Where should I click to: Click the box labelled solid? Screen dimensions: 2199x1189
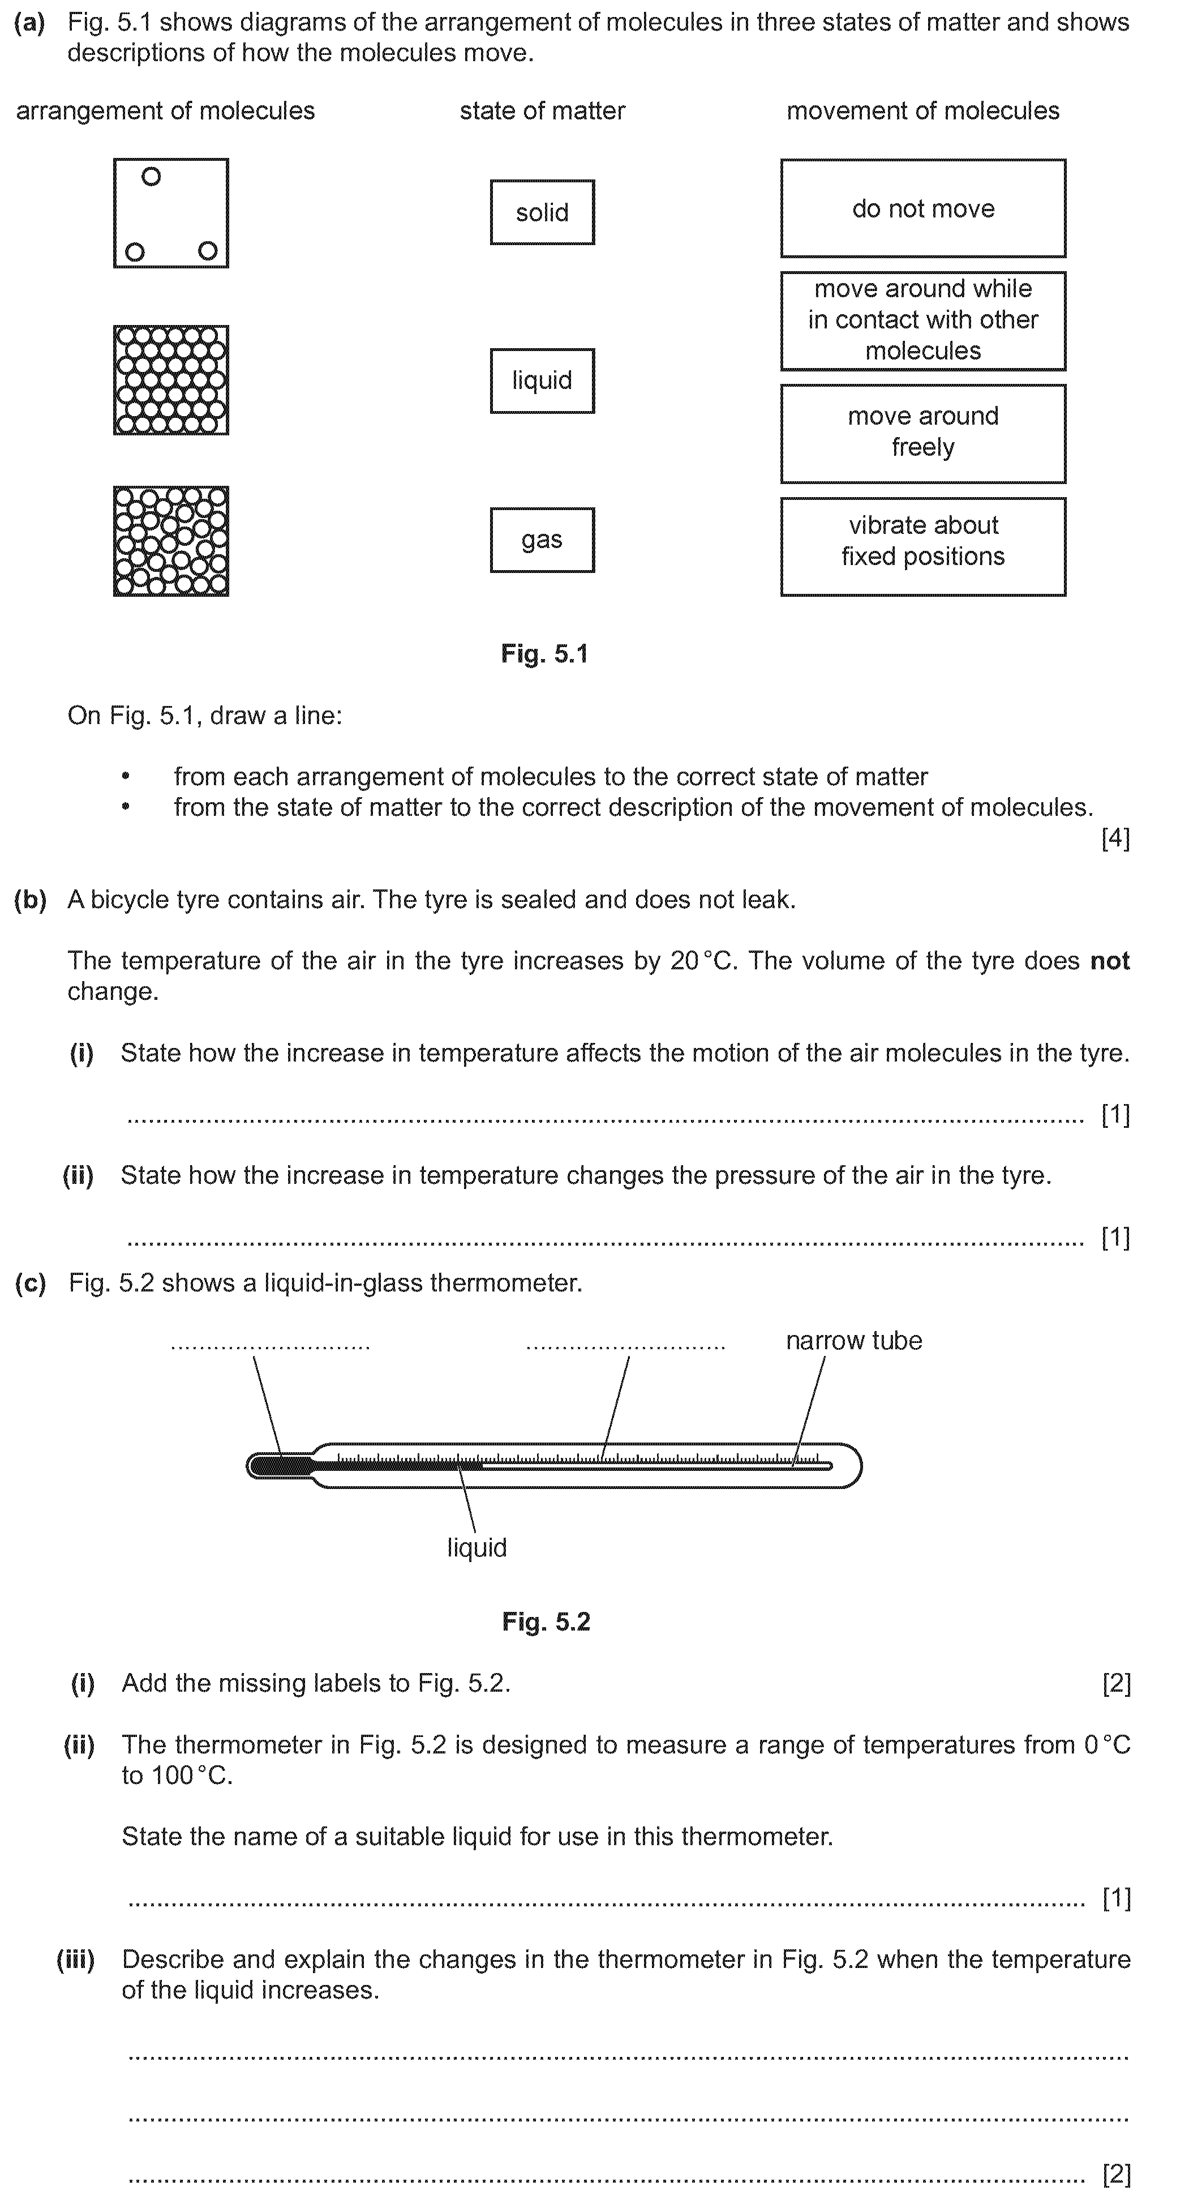tap(542, 212)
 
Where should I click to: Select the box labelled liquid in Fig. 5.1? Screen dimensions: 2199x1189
tap(542, 380)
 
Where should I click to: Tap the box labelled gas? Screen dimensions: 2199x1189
tap(542, 540)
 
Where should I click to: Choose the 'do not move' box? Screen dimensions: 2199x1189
tap(922, 208)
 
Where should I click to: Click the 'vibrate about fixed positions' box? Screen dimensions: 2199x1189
tap(922, 546)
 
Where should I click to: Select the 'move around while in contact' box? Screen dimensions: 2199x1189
tap(922, 320)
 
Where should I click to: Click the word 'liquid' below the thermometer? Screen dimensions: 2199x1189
tap(477, 1548)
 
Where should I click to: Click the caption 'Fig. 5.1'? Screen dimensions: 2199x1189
tap(544, 654)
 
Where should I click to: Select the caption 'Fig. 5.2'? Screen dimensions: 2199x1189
tap(546, 1622)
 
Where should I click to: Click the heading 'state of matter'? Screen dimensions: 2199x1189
tap(542, 111)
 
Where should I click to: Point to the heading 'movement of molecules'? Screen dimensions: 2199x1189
tap(922, 111)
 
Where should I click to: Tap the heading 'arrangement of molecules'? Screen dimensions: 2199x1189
tap(166, 111)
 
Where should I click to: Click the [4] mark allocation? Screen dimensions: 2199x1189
tap(1115, 838)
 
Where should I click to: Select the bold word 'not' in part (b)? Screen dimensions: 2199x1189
tap(1110, 961)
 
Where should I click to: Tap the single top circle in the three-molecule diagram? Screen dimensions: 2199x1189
tap(151, 177)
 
